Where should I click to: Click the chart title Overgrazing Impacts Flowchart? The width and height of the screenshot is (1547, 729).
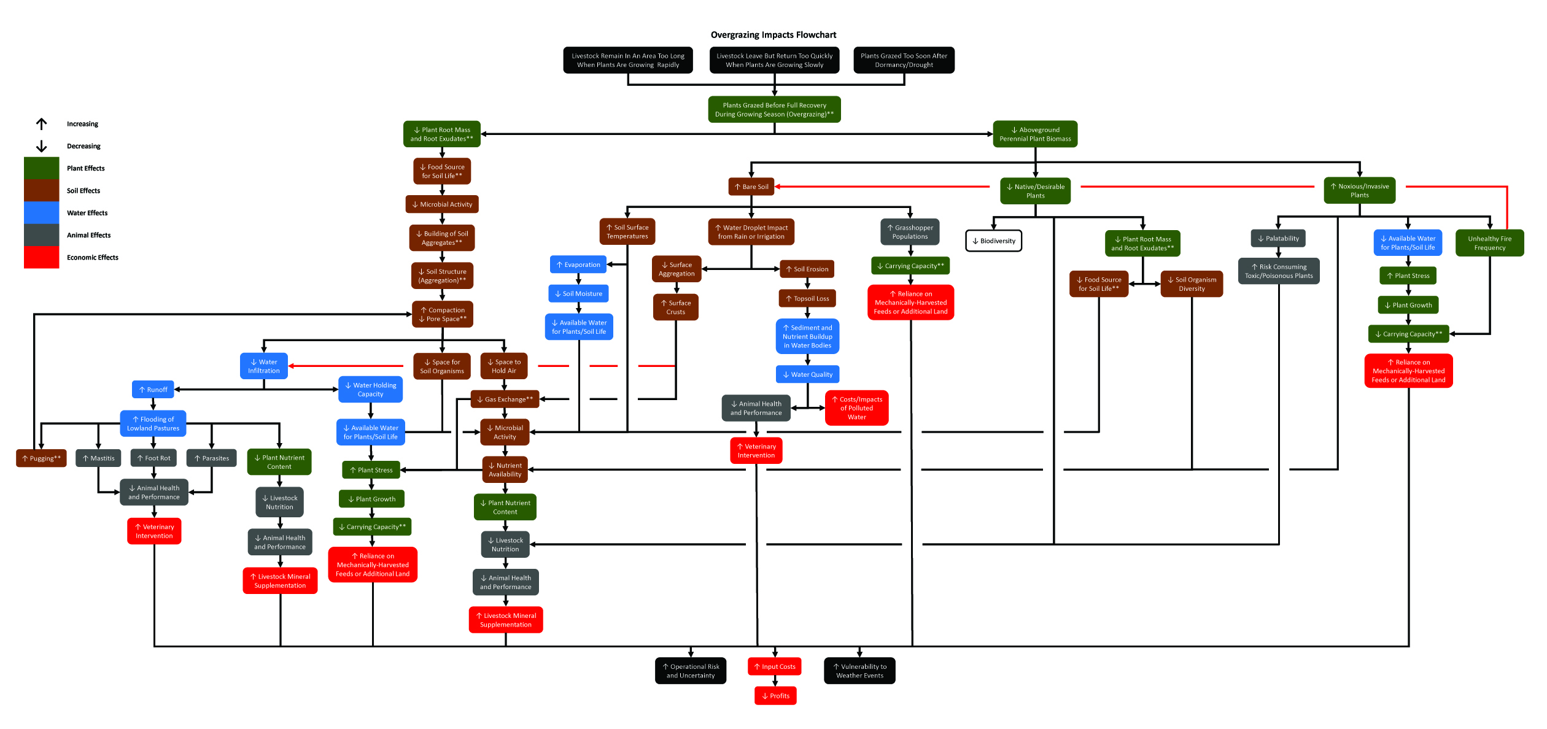[x=773, y=35]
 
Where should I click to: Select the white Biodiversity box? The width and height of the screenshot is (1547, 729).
[x=993, y=241]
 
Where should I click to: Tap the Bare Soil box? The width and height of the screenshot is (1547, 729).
[x=751, y=187]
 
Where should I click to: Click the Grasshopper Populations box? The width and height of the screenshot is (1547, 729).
[x=910, y=232]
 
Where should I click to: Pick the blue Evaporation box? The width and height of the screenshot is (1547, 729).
[x=578, y=264]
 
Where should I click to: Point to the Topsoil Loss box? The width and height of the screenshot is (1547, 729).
[x=807, y=298]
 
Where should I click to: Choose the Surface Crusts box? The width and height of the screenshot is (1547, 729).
[x=675, y=307]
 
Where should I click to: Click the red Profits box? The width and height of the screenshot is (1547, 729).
[x=775, y=696]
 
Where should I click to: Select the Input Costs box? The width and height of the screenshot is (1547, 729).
[x=774, y=666]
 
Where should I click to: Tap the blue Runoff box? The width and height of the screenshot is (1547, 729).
[x=153, y=390]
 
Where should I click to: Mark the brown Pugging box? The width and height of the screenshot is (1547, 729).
[x=41, y=458]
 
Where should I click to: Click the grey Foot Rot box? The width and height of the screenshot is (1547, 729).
[x=153, y=458]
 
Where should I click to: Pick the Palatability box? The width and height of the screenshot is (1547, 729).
[x=1278, y=238]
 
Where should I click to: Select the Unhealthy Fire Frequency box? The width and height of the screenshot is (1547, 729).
[x=1489, y=243]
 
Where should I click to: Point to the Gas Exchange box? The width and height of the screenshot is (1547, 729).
[x=505, y=399]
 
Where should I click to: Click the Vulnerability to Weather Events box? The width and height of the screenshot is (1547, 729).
[x=859, y=671]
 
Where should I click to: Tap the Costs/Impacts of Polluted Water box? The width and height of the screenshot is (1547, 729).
[x=856, y=408]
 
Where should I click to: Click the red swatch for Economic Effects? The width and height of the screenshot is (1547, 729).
[x=41, y=257]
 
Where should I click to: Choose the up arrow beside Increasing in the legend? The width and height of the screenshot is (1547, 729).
[x=41, y=124]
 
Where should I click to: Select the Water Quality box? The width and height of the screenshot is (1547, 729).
[x=807, y=374]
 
